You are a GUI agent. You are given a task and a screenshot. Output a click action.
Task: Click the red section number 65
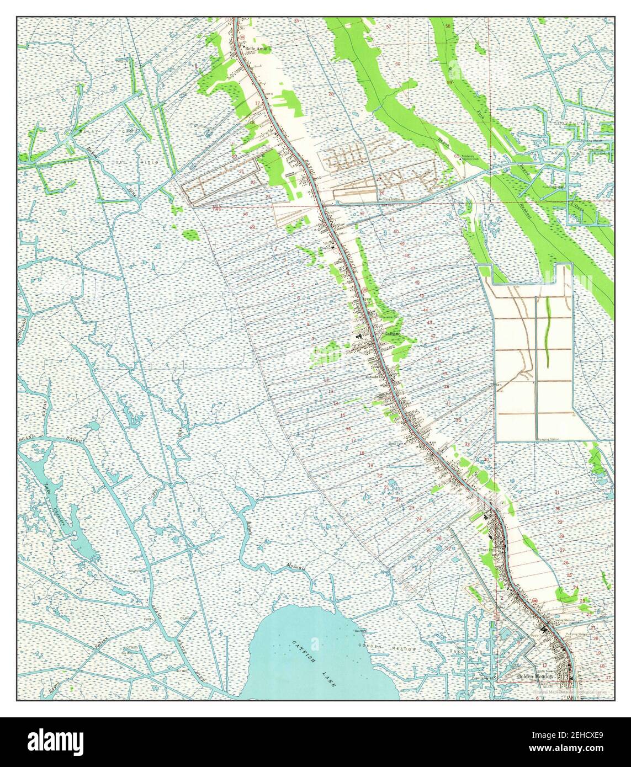pos(456,157)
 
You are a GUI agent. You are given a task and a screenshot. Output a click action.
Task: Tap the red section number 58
pos(448,26)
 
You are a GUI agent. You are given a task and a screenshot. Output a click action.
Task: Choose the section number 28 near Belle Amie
pos(331,94)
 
